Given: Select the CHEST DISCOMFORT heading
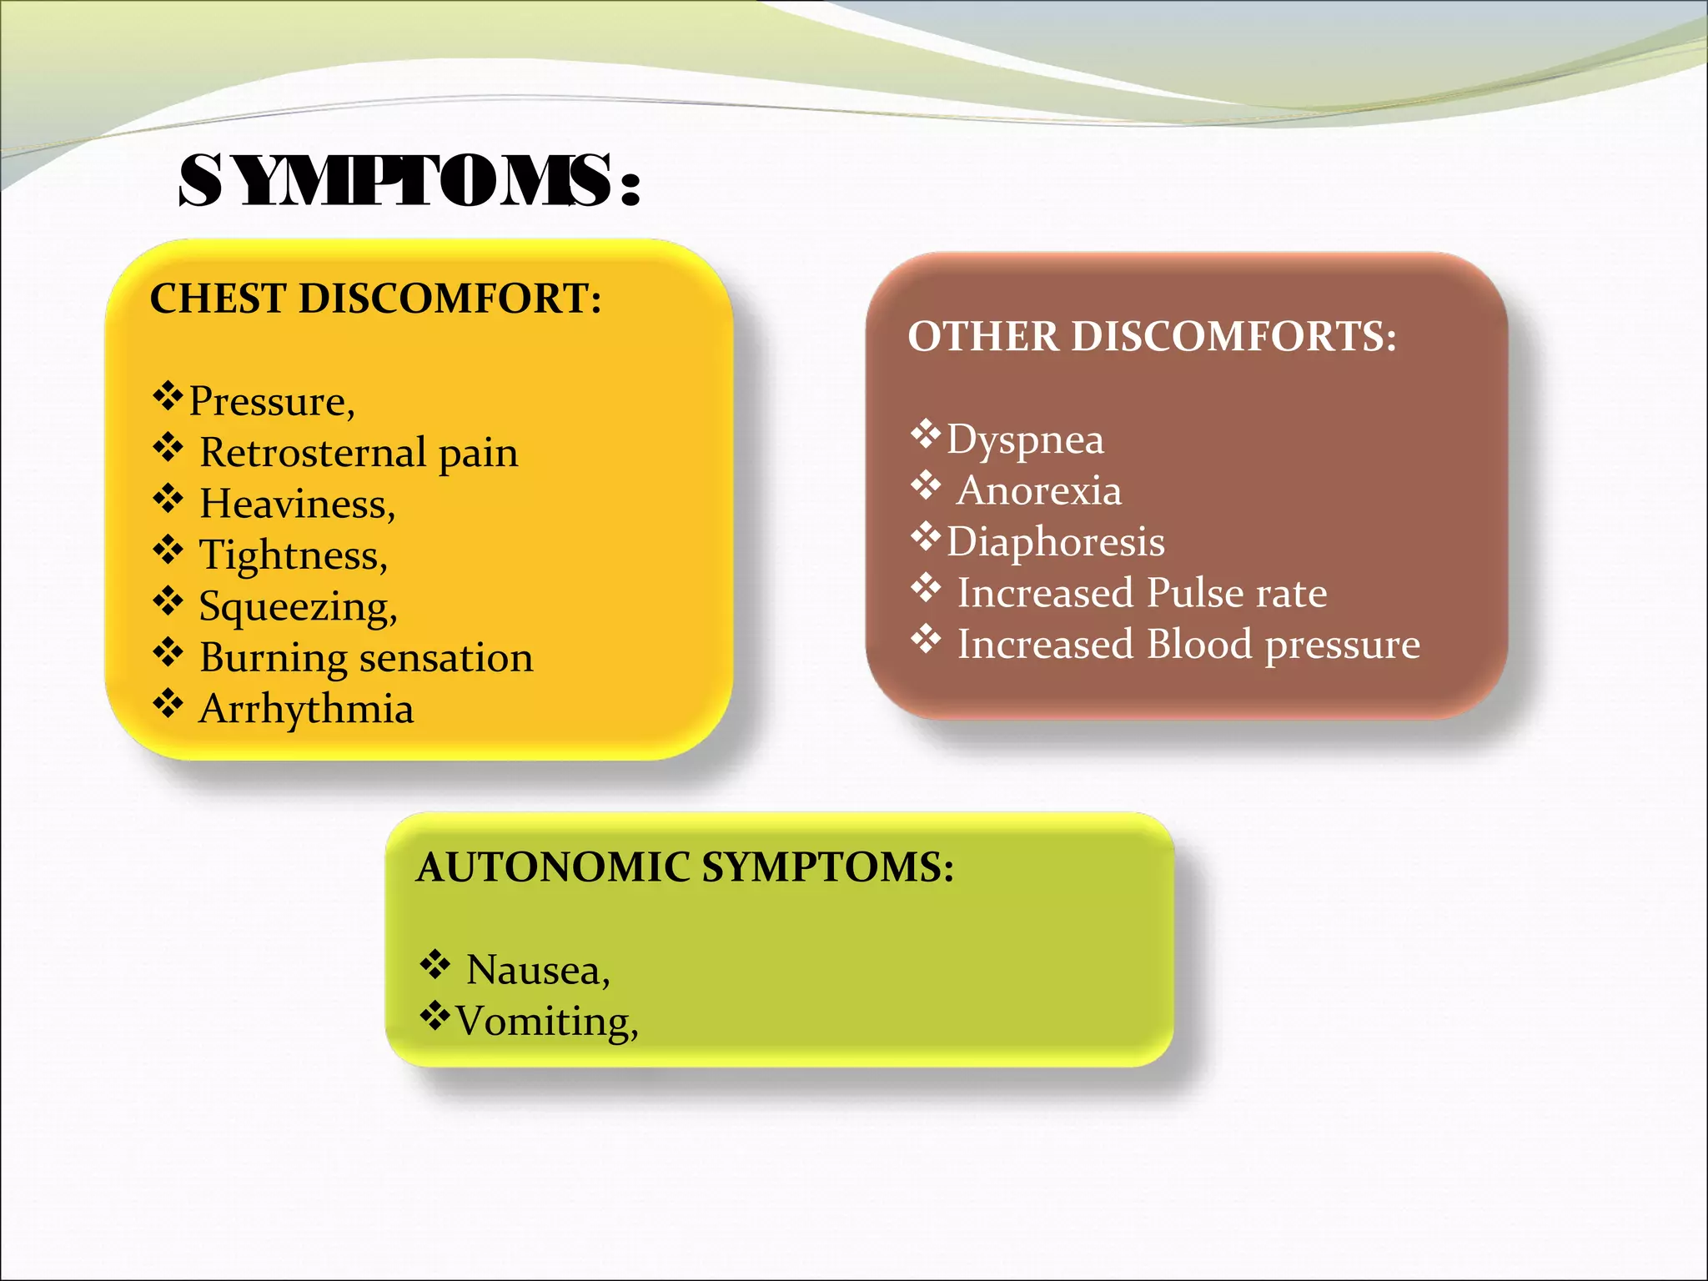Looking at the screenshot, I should pyautogui.click(x=375, y=299).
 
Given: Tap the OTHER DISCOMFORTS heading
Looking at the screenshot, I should pyautogui.click(x=1152, y=337).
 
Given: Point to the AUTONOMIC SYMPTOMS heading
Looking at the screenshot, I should pyautogui.click(x=685, y=867).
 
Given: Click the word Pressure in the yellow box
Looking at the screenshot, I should pyautogui.click(x=271, y=402).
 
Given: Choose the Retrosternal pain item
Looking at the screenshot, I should pyautogui.click(x=359, y=454).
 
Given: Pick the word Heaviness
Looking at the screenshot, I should pyautogui.click(x=297, y=505).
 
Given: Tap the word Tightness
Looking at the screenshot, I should pyautogui.click(x=293, y=556).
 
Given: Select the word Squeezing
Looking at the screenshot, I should pyautogui.click(x=298, y=607).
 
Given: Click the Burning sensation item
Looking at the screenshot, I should pyautogui.click(x=366, y=658).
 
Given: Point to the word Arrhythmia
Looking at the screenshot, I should pyautogui.click(x=306, y=710).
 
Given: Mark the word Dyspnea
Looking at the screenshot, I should pyautogui.click(x=1025, y=440).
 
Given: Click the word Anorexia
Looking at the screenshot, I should pyautogui.click(x=1039, y=491).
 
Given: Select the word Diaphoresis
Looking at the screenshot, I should pyautogui.click(x=1055, y=542).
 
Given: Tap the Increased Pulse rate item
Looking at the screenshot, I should pyautogui.click(x=1142, y=594).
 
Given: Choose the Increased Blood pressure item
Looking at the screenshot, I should pyautogui.click(x=1188, y=645).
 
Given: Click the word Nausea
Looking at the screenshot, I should pyautogui.click(x=538, y=971).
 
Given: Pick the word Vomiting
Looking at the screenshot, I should pyautogui.click(x=546, y=1022).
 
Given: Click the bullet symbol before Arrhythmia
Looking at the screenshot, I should pyautogui.click(x=168, y=703).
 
